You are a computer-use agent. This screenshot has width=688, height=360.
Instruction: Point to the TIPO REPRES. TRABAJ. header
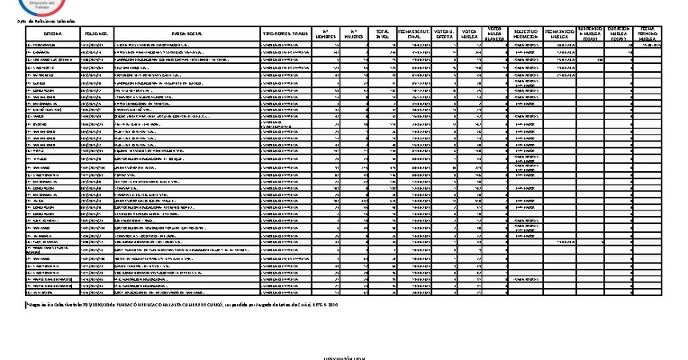click(285, 34)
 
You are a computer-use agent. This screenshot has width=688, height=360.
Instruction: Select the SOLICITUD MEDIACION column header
click(526, 34)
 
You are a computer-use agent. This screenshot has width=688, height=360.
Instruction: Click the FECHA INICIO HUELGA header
click(559, 34)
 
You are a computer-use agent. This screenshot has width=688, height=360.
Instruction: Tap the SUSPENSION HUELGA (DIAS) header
click(590, 33)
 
